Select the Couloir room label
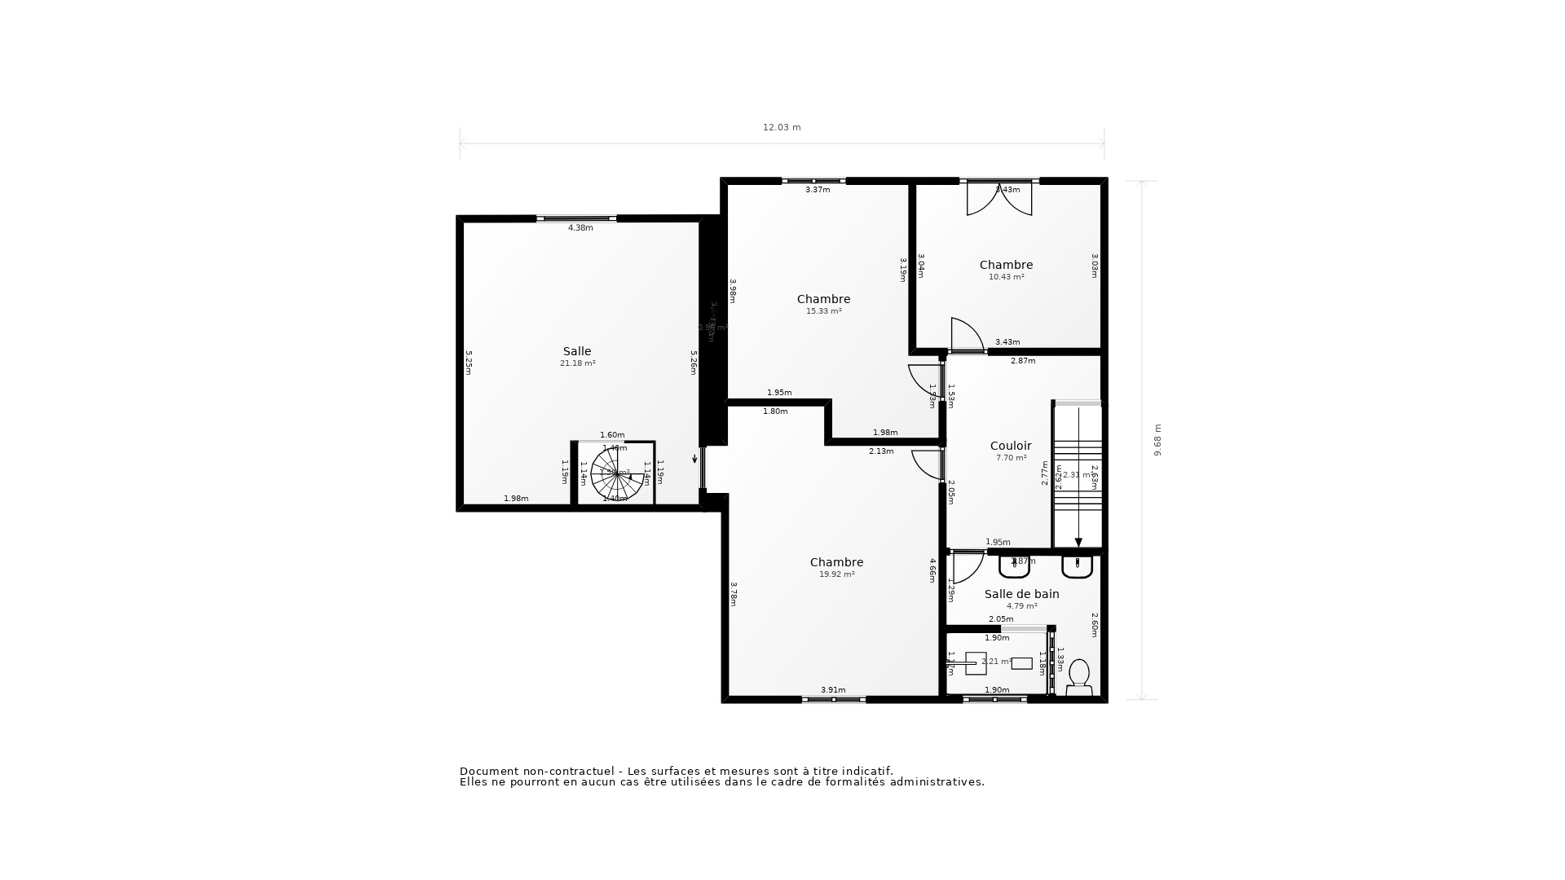[x=1011, y=446]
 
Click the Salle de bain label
[x=1021, y=594]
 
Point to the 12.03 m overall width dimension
[x=782, y=127]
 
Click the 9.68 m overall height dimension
[x=1157, y=440]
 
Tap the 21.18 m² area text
[x=577, y=363]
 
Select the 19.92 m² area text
[x=836, y=574]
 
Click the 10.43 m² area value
[x=1006, y=277]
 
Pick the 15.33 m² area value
[x=823, y=311]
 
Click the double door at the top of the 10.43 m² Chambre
[x=999, y=198]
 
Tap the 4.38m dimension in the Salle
[x=580, y=228]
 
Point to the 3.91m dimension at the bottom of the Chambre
[x=833, y=690]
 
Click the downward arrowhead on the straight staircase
[x=1078, y=542]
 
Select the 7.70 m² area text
[x=1011, y=458]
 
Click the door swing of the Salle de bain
[x=967, y=567]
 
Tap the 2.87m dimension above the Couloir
[x=1023, y=361]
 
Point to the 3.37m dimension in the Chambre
[x=818, y=190]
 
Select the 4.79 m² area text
[x=1021, y=606]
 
